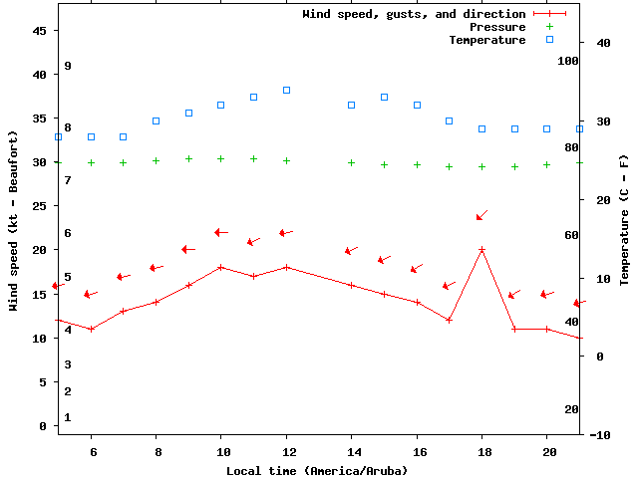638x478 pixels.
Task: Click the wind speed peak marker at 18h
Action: (x=481, y=250)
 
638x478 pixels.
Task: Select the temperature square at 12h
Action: (x=286, y=90)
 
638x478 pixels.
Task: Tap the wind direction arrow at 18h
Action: (x=481, y=215)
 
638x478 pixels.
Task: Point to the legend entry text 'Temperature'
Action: (x=486, y=40)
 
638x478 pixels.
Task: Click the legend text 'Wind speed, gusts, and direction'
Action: (x=414, y=14)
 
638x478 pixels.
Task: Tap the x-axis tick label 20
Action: (x=546, y=451)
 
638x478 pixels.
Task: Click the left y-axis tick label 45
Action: (x=41, y=31)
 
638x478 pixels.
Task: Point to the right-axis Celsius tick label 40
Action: (x=602, y=43)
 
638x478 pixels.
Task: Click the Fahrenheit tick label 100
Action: (x=568, y=61)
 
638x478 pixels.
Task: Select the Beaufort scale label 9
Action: (x=68, y=66)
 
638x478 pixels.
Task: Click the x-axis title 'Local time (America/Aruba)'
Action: (x=317, y=470)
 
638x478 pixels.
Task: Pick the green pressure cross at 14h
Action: (x=351, y=162)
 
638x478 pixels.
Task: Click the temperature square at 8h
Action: (x=156, y=120)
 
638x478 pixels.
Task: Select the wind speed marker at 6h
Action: (x=91, y=329)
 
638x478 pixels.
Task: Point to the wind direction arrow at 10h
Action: (x=221, y=232)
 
